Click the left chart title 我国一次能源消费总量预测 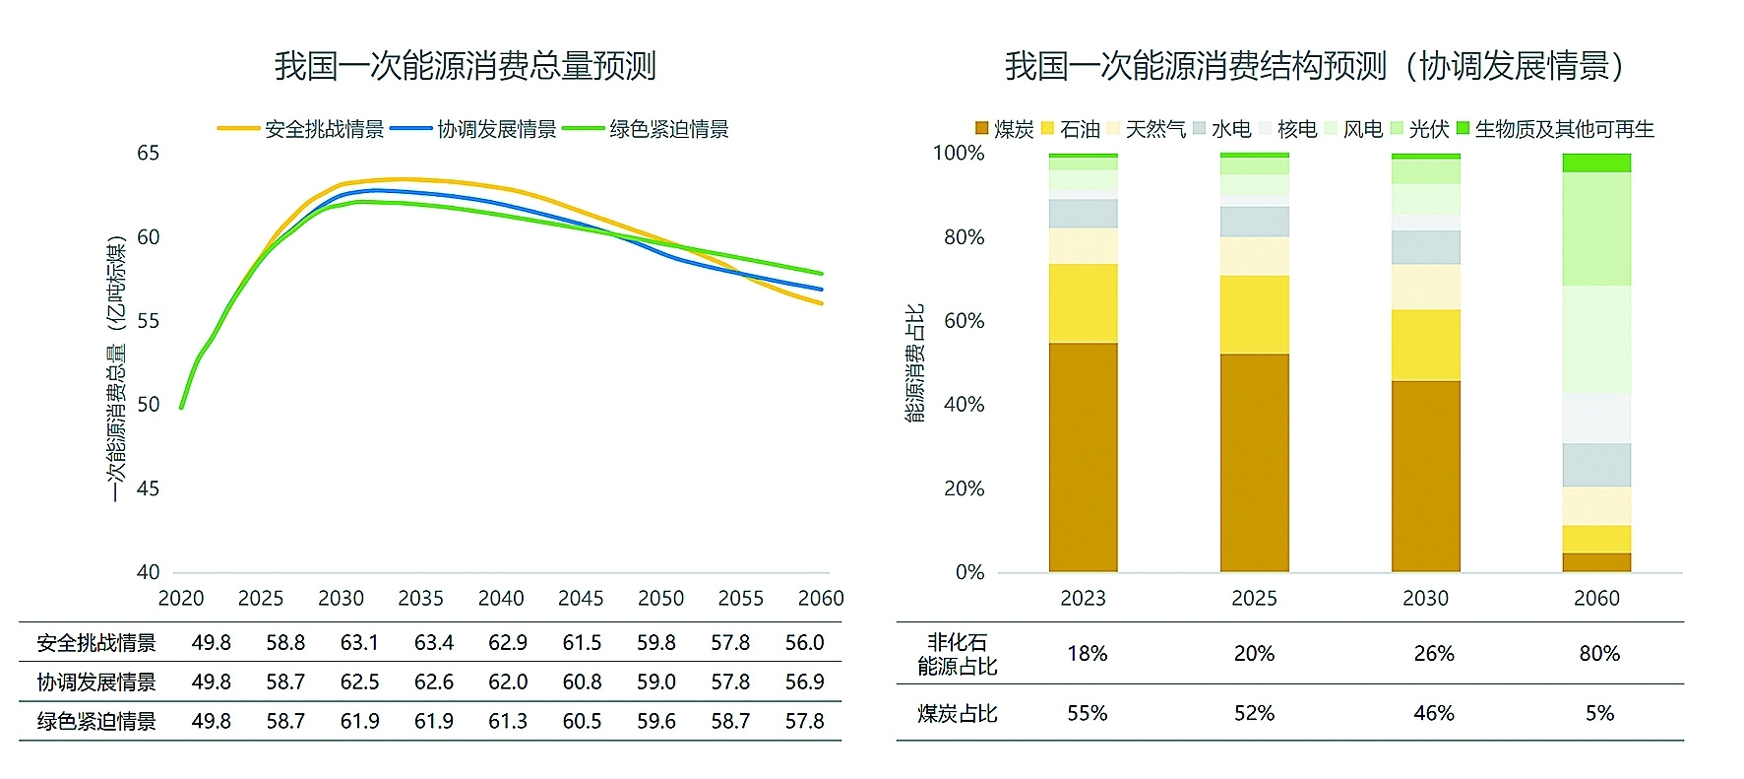[x=465, y=66]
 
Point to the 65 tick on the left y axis [x=148, y=153]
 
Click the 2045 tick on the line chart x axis [x=581, y=598]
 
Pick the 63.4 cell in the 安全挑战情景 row [x=433, y=643]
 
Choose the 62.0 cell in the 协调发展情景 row [x=508, y=682]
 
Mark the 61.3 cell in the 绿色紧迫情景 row [x=508, y=721]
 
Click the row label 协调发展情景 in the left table [x=96, y=682]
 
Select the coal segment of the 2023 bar [x=1083, y=457]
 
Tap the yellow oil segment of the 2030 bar [x=1425, y=345]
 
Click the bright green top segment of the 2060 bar [x=1596, y=162]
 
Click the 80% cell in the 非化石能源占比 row [x=1599, y=653]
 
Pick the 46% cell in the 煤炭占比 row [x=1434, y=713]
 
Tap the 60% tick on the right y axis [x=964, y=321]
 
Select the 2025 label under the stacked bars [x=1254, y=598]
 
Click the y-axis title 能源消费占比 [x=915, y=362]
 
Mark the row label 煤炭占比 [x=958, y=713]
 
